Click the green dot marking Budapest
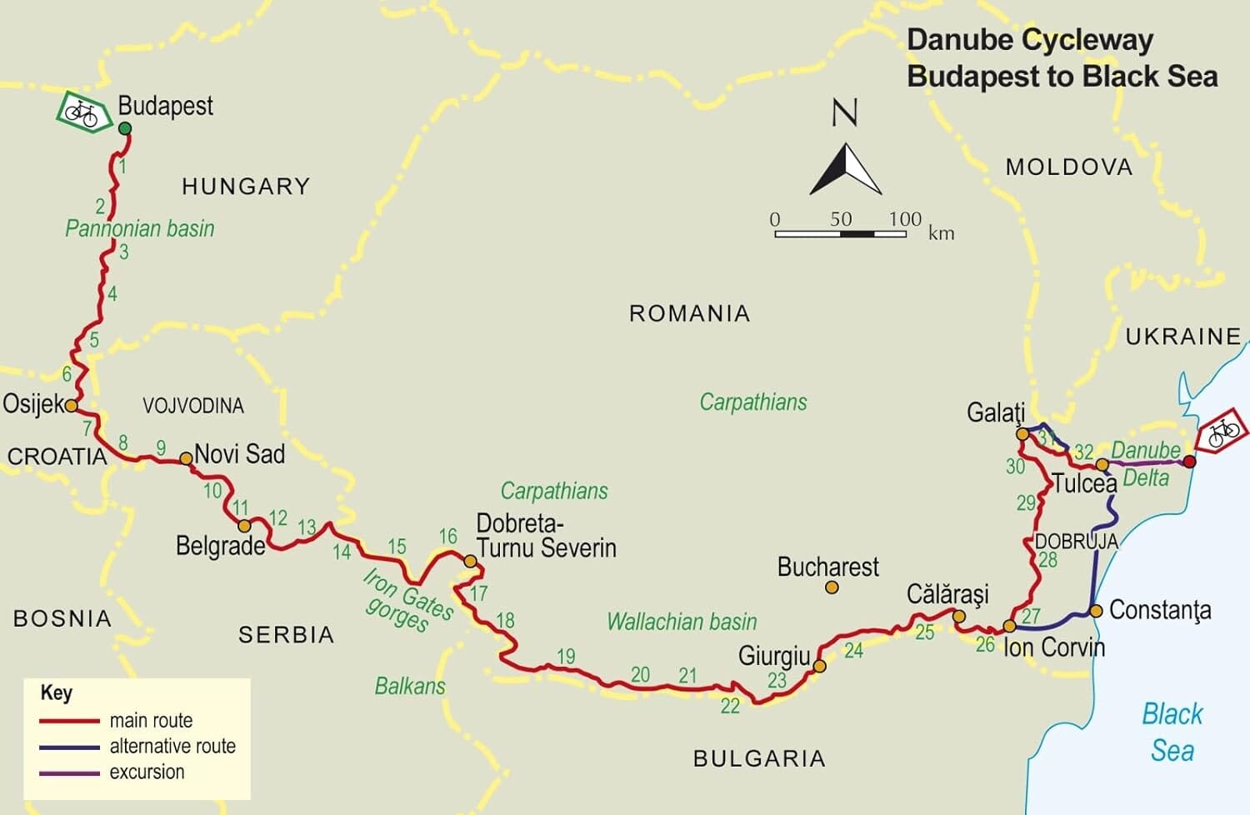tap(125, 128)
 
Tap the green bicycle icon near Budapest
tap(82, 112)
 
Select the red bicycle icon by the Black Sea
tap(1222, 432)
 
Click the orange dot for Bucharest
tap(832, 587)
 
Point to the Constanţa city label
tap(1160, 610)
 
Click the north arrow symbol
tap(846, 170)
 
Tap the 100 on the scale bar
tap(904, 219)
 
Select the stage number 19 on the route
tap(566, 657)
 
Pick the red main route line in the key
tap(69, 721)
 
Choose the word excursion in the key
tap(147, 772)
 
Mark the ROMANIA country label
tap(689, 313)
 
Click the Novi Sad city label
tap(240, 454)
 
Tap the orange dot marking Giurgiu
tap(819, 667)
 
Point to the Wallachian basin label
tap(682, 622)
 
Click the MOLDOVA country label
tap(1069, 167)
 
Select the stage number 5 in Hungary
tap(94, 340)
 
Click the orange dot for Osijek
tap(72, 406)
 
